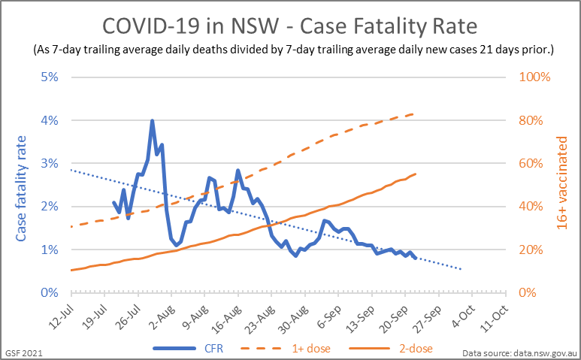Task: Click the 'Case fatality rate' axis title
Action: pyautogui.click(x=22, y=188)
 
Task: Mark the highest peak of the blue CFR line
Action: pyautogui.click(x=152, y=120)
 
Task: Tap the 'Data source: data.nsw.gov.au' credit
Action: pyautogui.click(x=518, y=352)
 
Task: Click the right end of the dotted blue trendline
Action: pyautogui.click(x=462, y=269)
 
